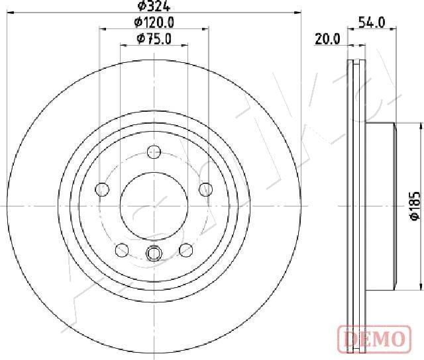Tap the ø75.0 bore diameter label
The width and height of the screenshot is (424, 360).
point(154,39)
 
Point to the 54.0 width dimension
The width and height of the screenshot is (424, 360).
point(371,22)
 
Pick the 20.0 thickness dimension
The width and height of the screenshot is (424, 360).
point(327,39)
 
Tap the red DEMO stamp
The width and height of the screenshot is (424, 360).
point(372,339)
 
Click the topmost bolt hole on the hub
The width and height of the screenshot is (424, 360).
point(154,150)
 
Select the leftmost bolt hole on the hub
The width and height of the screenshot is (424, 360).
point(102,190)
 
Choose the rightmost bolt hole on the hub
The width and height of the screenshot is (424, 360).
point(205,190)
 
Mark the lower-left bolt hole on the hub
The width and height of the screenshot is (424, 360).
point(122,249)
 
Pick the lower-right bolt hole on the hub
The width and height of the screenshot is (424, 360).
point(185,249)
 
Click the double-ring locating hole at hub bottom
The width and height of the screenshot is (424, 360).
point(154,253)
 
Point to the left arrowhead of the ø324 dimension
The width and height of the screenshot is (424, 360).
point(10,12)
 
